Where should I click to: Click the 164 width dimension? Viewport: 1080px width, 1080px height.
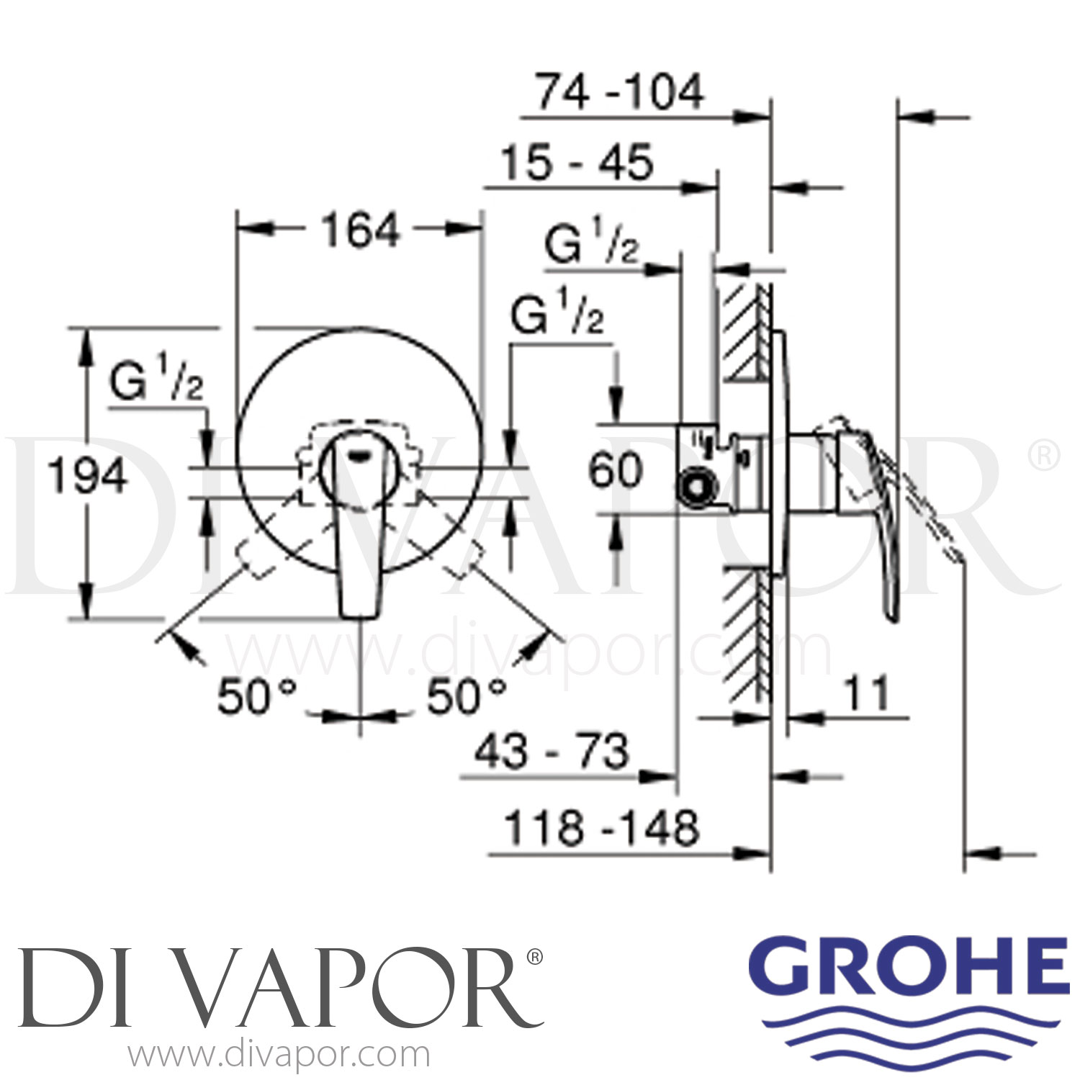point(360,232)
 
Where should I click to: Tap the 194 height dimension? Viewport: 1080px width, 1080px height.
point(87,476)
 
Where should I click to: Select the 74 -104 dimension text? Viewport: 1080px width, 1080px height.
point(619,92)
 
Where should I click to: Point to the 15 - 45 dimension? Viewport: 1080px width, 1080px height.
point(577,162)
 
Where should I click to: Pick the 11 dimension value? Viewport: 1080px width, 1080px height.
point(865,694)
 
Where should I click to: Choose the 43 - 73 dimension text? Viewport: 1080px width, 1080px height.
point(552,751)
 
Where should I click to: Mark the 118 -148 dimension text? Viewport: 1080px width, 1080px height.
point(602,828)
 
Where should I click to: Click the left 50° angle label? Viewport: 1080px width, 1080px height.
point(256,696)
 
